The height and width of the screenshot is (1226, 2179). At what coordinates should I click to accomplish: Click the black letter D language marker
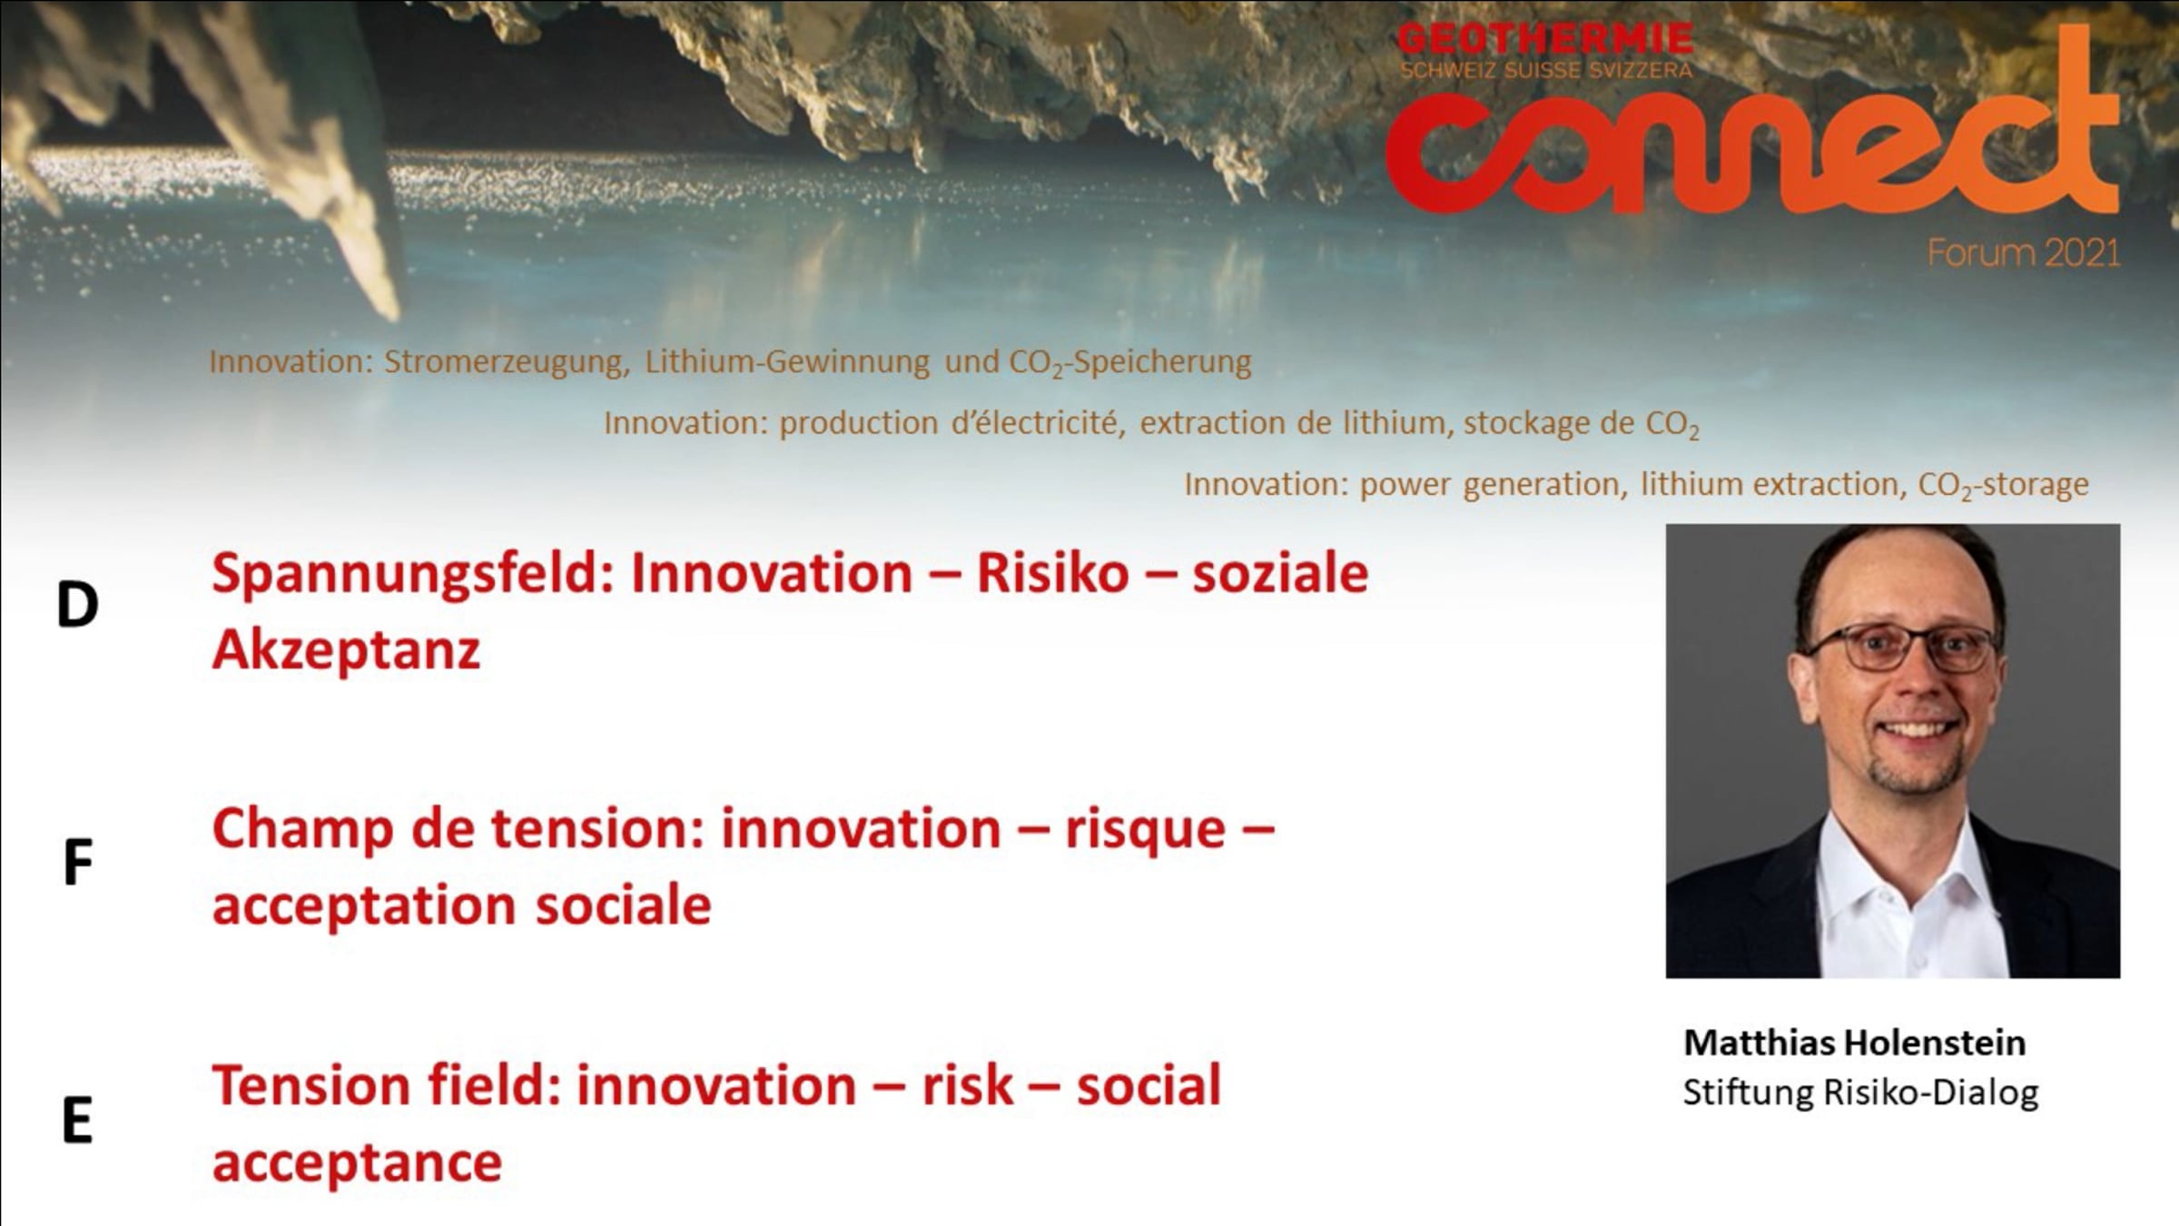[x=77, y=605]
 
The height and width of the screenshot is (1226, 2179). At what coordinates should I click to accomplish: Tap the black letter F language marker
[x=78, y=863]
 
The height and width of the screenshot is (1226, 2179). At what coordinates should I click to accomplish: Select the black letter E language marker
[x=77, y=1120]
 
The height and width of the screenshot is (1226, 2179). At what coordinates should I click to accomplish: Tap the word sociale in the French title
[x=623, y=906]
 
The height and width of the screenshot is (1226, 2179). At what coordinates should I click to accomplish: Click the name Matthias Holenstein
[x=1854, y=1043]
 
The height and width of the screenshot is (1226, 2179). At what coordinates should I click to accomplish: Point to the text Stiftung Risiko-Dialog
[x=1860, y=1093]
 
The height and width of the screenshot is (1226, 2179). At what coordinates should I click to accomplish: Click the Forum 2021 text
[x=2024, y=252]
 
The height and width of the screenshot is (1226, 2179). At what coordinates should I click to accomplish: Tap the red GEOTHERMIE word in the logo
[x=1545, y=39]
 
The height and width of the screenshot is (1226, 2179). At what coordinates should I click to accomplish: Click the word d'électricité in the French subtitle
[x=1038, y=423]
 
